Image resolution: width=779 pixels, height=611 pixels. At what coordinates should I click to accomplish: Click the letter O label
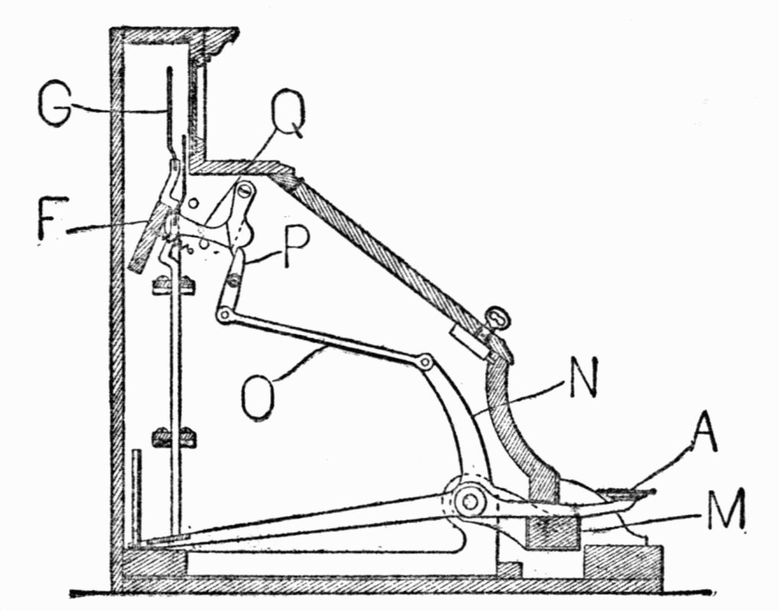[258, 396]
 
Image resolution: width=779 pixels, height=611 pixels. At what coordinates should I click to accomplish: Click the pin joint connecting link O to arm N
[425, 360]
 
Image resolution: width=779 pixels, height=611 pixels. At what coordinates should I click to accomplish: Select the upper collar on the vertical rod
[174, 286]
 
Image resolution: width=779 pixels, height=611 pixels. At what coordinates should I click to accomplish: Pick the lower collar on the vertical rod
[174, 438]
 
